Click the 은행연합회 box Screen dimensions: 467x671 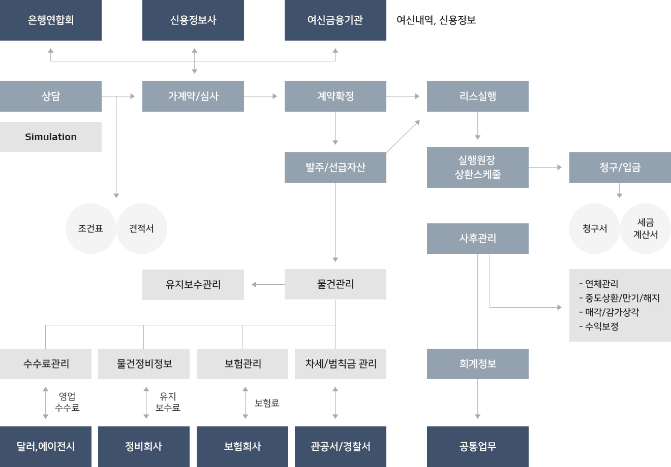click(x=51, y=20)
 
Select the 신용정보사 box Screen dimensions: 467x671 click(x=193, y=20)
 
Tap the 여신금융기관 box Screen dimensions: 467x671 click(x=335, y=20)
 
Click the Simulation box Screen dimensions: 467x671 click(x=51, y=137)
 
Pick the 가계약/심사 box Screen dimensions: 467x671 click(x=193, y=96)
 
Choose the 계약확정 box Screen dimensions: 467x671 click(x=335, y=96)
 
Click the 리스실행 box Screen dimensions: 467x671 click(x=478, y=96)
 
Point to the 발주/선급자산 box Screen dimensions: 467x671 click(x=335, y=168)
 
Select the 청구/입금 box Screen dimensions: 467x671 click(x=620, y=168)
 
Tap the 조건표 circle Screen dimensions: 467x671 click(x=90, y=228)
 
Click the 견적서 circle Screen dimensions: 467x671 click(x=141, y=228)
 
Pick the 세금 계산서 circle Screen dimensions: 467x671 click(x=646, y=228)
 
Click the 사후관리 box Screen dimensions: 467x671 click(x=478, y=239)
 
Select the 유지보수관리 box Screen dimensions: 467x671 click(x=193, y=285)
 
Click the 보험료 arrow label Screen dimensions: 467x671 click(x=267, y=403)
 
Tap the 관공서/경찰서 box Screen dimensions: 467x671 click(x=341, y=447)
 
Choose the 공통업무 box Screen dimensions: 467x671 click(x=478, y=447)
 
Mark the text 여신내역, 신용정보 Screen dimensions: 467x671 click(x=436, y=20)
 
